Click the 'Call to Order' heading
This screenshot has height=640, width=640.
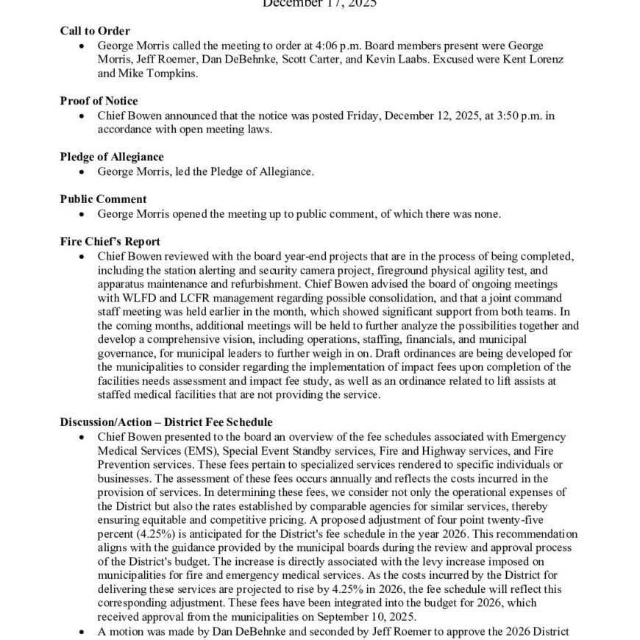click(x=95, y=31)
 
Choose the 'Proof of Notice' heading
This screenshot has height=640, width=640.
click(x=99, y=101)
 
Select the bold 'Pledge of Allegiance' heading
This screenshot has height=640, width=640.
click(x=112, y=157)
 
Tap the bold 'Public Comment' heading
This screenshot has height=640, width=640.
click(x=103, y=199)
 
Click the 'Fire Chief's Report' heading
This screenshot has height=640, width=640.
click(x=110, y=241)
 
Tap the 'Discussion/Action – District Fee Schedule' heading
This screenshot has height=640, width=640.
click(x=166, y=422)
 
